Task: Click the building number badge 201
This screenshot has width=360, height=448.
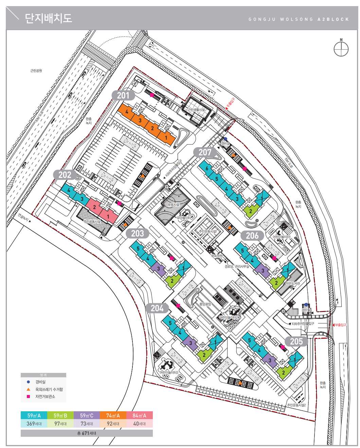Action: coord(123,96)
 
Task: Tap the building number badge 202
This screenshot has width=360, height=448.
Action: coord(65,175)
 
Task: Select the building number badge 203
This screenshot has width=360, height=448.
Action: coord(138,234)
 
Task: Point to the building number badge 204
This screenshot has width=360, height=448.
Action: coord(157,308)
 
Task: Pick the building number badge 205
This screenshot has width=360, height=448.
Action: coord(296,341)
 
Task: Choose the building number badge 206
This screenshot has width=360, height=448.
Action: coord(252,236)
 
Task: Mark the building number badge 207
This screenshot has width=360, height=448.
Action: coord(205,152)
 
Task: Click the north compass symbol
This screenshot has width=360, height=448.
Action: coord(341,49)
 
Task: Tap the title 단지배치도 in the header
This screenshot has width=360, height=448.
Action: coord(48,18)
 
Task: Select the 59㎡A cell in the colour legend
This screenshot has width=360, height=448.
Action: coord(34,415)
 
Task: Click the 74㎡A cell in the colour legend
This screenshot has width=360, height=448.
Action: coord(113,415)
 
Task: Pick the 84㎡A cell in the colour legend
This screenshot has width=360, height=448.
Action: coord(140,415)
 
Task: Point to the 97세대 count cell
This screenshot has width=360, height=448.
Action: coord(60,424)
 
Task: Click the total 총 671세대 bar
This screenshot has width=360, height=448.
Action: coord(87,433)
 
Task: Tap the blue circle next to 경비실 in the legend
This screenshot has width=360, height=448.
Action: coord(29,382)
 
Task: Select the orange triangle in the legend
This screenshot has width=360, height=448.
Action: coord(29,389)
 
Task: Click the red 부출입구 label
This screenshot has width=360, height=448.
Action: coord(340,325)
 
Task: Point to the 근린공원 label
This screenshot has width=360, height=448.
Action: coord(36,71)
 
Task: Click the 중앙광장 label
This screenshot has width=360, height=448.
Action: coord(205,304)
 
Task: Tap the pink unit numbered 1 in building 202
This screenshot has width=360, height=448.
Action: coord(108,216)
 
